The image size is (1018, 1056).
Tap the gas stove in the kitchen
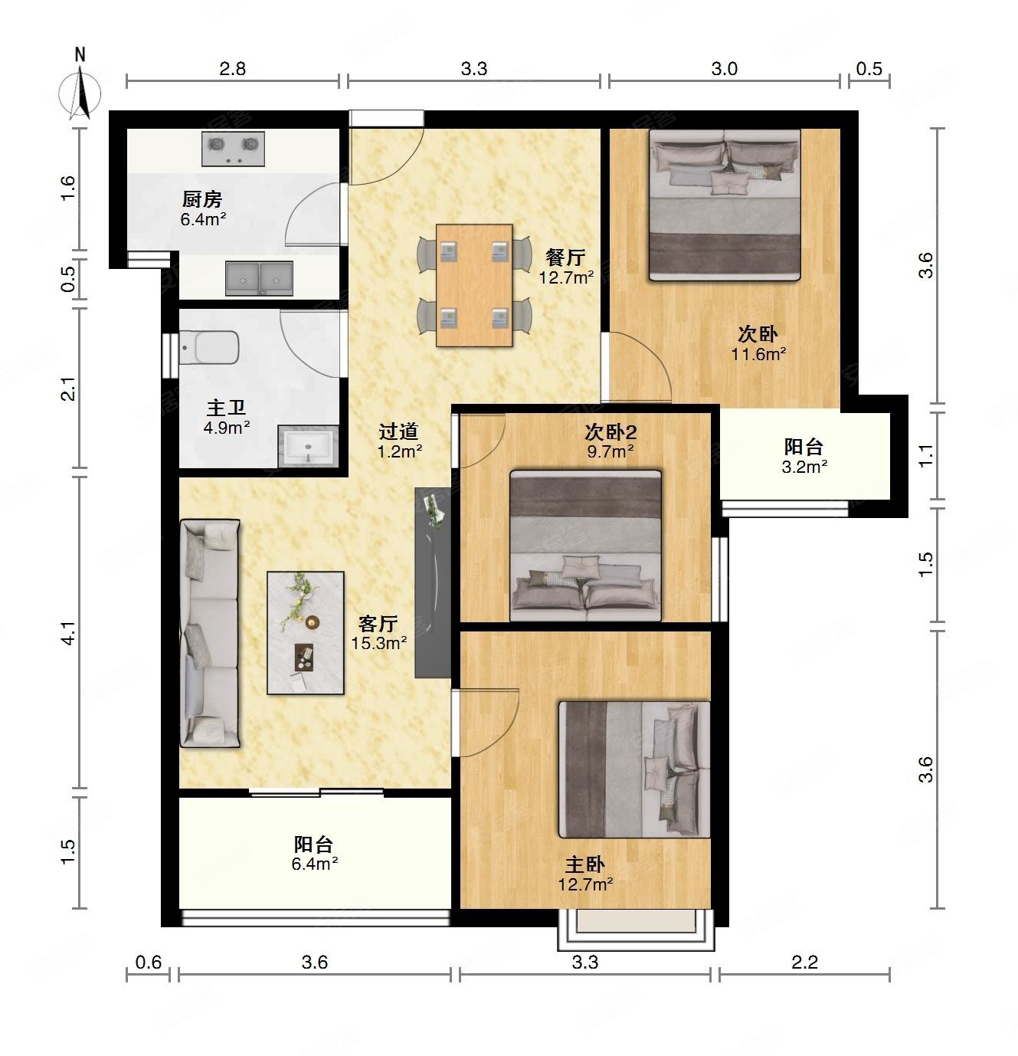[x=233, y=148]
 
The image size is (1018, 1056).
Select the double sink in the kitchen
[x=259, y=278]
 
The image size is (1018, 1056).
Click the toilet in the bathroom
[x=209, y=347]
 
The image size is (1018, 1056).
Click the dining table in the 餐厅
[x=474, y=285]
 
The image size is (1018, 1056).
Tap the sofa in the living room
[x=210, y=633]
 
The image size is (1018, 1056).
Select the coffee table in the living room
[x=306, y=633]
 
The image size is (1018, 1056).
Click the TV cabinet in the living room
[x=432, y=582]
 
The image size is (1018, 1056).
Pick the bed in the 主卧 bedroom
[x=634, y=769]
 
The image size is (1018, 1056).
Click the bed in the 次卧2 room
[x=585, y=546]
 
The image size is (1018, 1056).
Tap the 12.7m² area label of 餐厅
[x=565, y=277]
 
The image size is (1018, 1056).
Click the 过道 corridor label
[x=398, y=431]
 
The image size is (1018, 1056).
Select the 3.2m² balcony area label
[x=804, y=466]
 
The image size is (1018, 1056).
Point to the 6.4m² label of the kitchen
[x=203, y=219]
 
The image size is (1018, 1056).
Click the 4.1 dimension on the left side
[x=68, y=633]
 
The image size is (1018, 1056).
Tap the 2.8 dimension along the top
[x=232, y=69]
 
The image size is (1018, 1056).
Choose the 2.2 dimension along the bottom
[x=804, y=962]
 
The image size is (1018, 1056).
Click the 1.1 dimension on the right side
[x=925, y=455]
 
